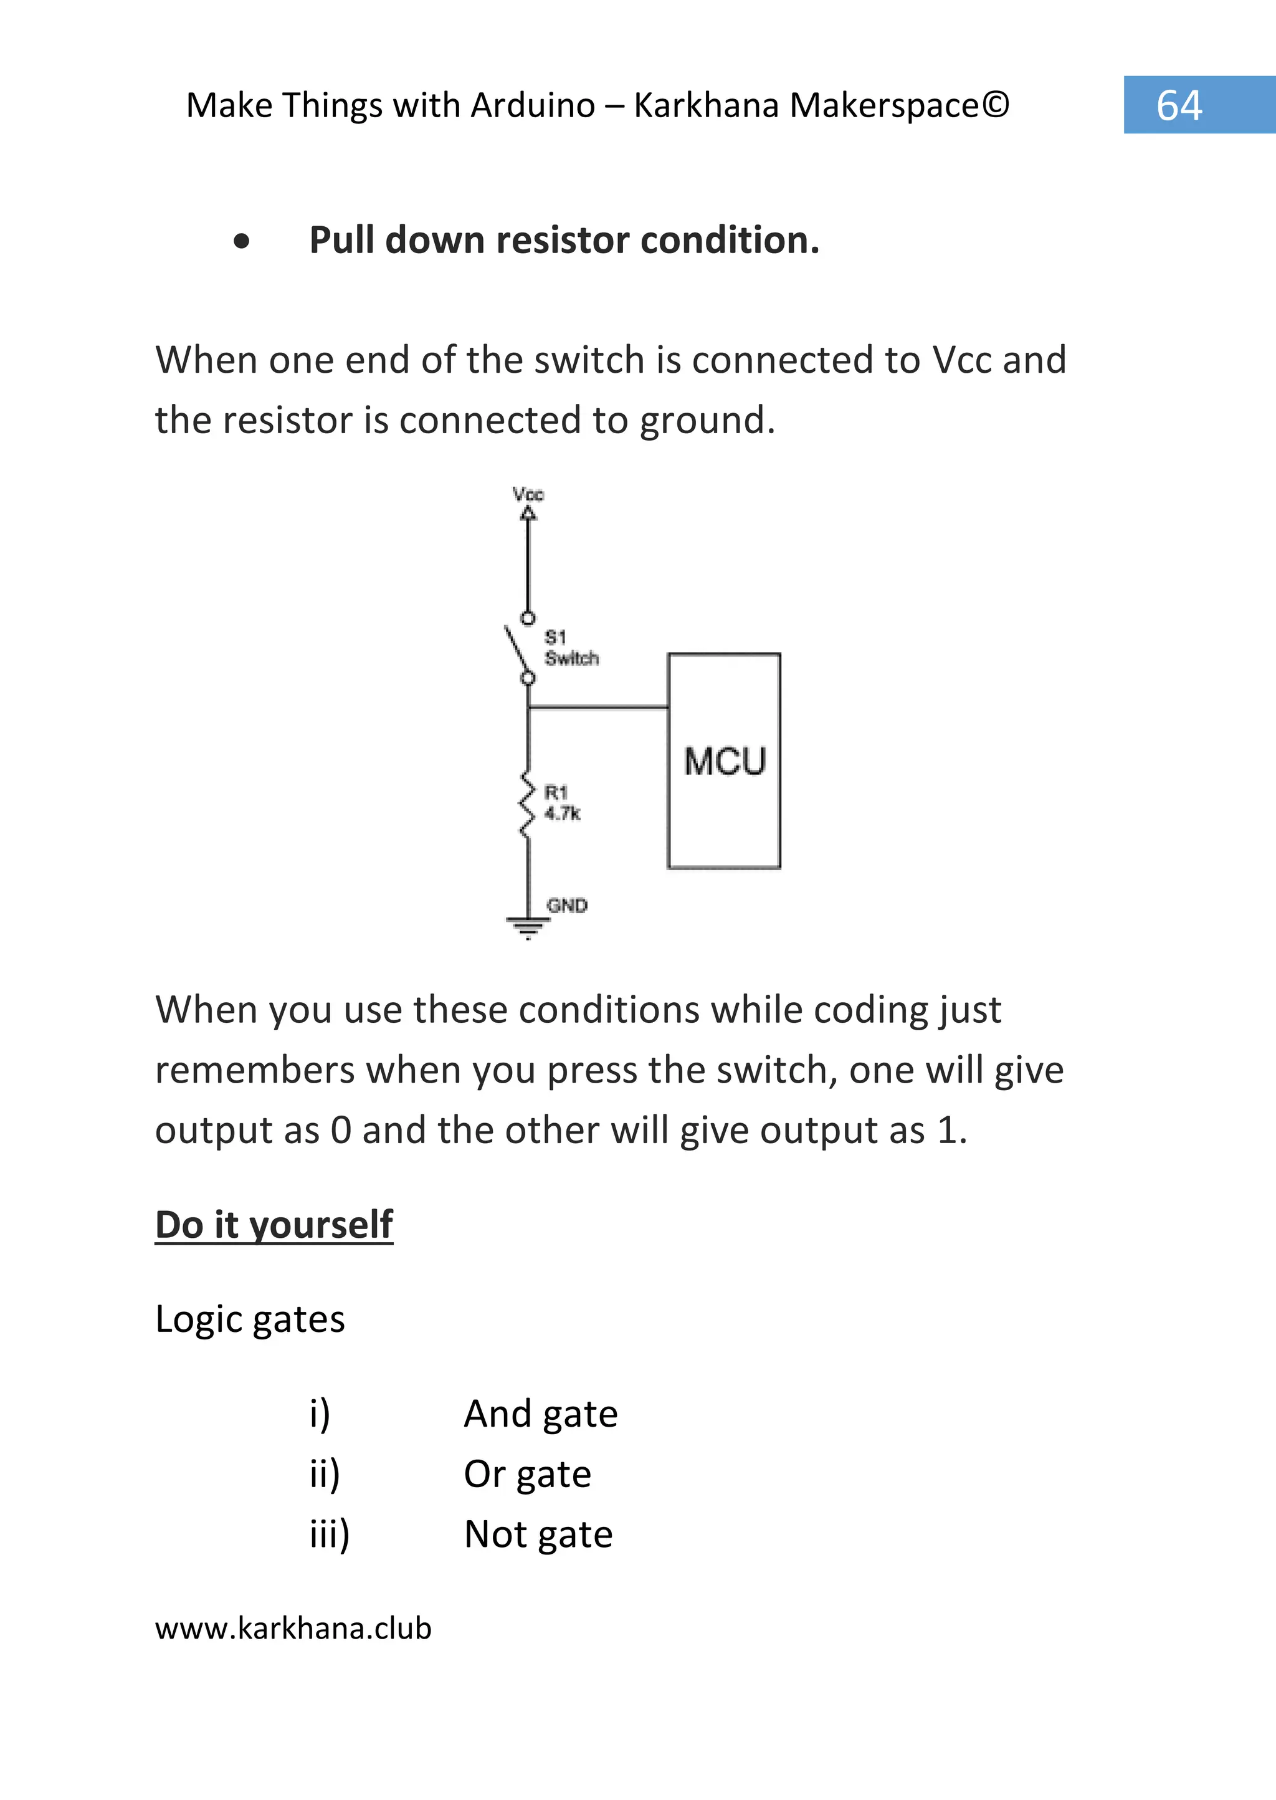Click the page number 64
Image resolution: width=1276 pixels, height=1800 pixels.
(1179, 105)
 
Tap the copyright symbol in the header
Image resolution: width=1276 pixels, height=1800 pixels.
(995, 105)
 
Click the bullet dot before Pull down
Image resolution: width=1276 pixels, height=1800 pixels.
(241, 241)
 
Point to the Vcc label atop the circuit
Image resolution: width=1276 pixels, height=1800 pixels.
(528, 494)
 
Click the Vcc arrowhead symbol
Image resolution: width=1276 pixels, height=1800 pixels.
(528, 514)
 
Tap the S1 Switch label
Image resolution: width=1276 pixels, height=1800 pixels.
(571, 648)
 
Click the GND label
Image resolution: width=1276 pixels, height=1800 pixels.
(568, 906)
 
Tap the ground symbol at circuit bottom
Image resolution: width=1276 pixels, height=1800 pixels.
(528, 927)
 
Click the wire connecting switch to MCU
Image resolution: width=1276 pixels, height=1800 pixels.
(597, 707)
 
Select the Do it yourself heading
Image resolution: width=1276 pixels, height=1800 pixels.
(274, 1225)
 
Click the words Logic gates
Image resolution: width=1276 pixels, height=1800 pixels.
(250, 1319)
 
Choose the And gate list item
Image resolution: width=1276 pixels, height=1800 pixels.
(541, 1414)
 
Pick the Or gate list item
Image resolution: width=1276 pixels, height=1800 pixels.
(527, 1475)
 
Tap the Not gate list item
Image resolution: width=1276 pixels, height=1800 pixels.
(538, 1534)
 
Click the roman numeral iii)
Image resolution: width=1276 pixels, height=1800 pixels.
(329, 1534)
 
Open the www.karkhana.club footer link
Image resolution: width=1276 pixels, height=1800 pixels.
(293, 1628)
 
